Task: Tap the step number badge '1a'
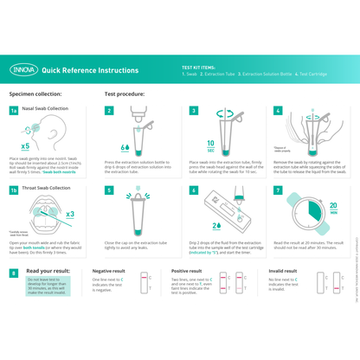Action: (x=14, y=111)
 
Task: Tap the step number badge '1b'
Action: (x=14, y=189)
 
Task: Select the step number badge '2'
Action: (x=109, y=111)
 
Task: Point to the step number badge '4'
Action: (x=278, y=111)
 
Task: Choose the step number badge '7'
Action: (x=278, y=190)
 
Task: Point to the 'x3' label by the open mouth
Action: (x=69, y=214)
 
